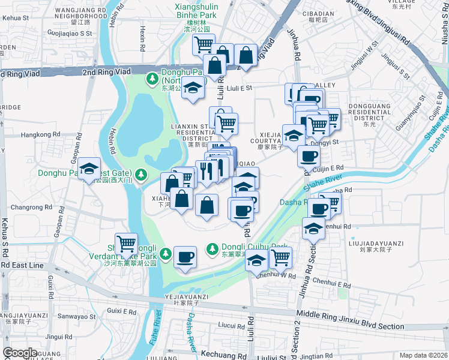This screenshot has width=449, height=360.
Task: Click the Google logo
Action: (20, 353)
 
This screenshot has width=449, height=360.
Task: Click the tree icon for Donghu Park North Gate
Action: (153, 79)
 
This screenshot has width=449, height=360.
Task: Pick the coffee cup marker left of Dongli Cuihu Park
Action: (184, 258)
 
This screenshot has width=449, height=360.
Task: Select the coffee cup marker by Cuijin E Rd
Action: (309, 156)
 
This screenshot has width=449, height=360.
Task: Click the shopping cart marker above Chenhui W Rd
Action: (280, 258)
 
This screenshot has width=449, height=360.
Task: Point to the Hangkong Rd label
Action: (41, 135)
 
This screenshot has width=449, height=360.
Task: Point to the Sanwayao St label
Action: (76, 316)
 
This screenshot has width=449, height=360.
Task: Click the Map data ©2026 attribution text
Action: (423, 355)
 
